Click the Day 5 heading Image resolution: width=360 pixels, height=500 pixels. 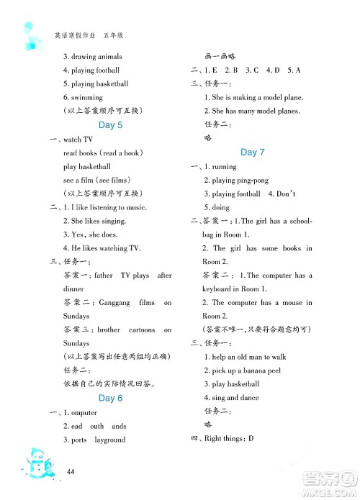point(110,125)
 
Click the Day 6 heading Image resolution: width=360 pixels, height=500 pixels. point(110,398)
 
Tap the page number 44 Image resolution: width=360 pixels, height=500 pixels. point(71,471)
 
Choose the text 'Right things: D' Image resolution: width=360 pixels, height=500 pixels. point(235,438)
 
